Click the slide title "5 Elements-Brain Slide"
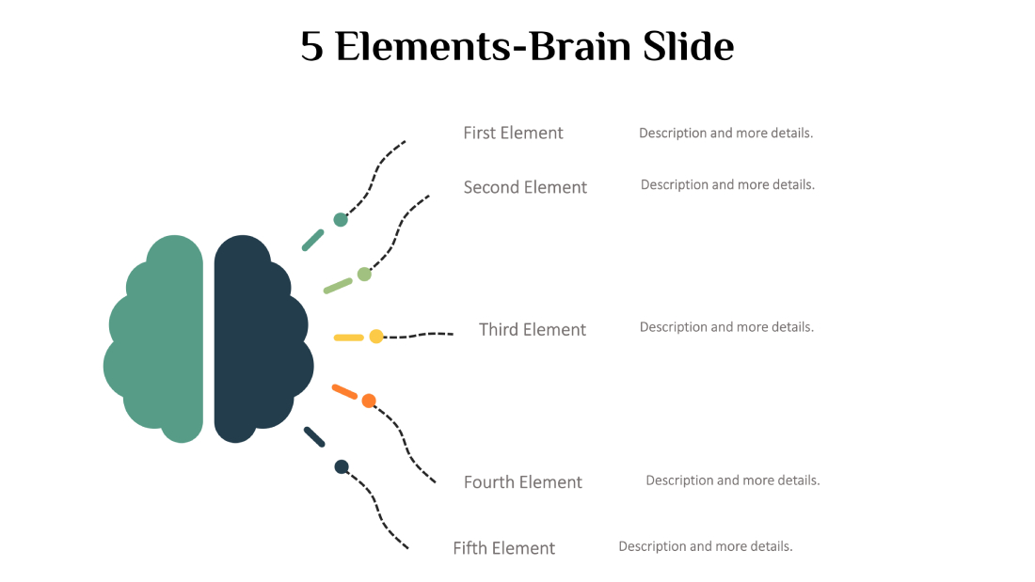(517, 46)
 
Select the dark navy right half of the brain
(259, 338)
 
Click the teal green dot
(341, 220)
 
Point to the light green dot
(364, 275)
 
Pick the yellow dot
(376, 337)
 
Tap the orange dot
(369, 401)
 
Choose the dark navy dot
(342, 466)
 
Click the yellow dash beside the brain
(348, 338)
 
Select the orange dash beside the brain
(344, 391)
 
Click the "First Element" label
(513, 133)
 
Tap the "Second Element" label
(525, 187)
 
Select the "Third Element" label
(533, 329)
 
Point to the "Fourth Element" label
(523, 482)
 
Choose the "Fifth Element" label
(504, 548)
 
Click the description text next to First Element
(725, 133)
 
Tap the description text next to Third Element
(726, 327)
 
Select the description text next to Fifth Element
(706, 546)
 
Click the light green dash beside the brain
(338, 285)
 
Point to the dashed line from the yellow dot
(419, 335)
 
